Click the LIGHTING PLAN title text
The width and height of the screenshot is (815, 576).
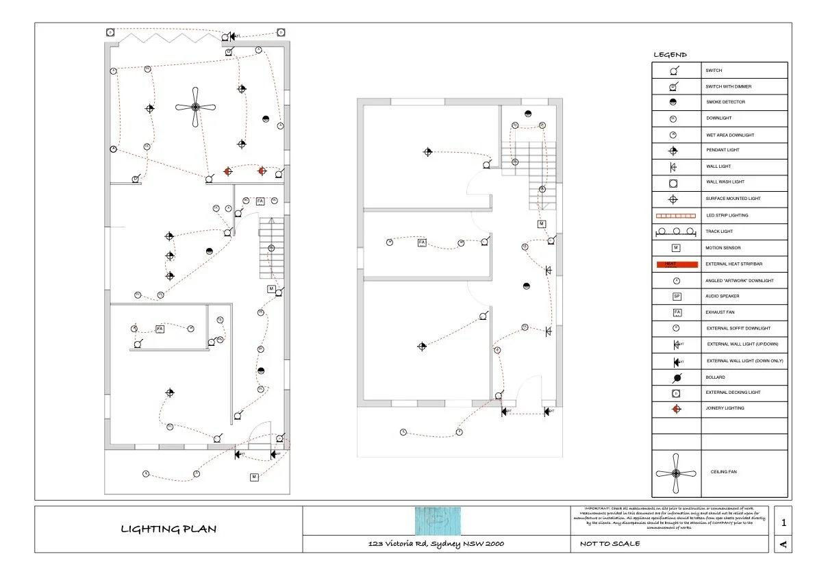(168, 529)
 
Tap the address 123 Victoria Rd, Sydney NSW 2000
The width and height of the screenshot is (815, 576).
(436, 544)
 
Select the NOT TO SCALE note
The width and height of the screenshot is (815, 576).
(606, 544)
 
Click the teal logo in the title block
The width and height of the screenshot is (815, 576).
(436, 521)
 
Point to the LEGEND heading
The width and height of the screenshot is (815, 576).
(670, 55)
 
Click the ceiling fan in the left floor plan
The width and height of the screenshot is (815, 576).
(195, 107)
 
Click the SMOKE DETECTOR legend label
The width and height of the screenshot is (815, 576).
(725, 102)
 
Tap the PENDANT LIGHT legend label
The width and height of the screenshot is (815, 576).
(723, 150)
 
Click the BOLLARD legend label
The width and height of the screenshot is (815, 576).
(715, 377)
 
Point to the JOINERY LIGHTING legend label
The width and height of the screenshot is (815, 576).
(725, 408)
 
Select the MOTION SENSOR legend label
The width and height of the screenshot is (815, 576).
(723, 248)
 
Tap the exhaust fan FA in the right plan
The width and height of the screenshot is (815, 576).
(422, 243)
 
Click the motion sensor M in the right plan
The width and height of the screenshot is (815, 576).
(541, 224)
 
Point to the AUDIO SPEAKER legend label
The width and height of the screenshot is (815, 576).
(723, 297)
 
